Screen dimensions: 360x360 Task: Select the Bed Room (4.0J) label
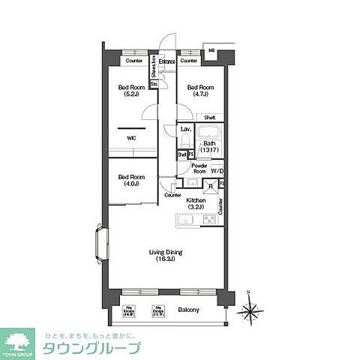point(126,181)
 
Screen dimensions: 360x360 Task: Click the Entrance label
point(166,61)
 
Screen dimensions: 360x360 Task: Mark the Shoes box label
point(153,69)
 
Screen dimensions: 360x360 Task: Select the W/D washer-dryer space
point(217,171)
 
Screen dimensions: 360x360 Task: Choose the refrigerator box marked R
point(211,185)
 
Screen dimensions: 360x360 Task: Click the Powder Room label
point(199,168)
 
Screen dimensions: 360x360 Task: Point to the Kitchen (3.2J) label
point(196,203)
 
